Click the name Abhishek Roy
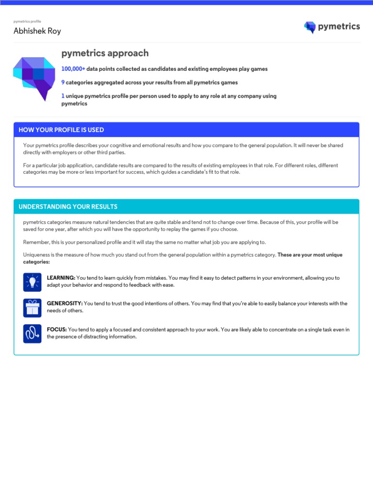(37, 31)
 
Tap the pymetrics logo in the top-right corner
(332, 27)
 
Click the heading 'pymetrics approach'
(105, 53)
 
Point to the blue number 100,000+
(73, 69)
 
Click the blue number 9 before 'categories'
(63, 83)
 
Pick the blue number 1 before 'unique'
(63, 96)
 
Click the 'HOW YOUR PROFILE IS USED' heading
(61, 130)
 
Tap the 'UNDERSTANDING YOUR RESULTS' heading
(68, 207)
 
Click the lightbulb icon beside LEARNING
(32, 282)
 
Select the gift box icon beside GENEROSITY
(32, 307)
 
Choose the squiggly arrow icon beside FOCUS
(32, 333)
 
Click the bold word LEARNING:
(61, 278)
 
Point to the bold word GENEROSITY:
(65, 304)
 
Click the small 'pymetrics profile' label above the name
(27, 22)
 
